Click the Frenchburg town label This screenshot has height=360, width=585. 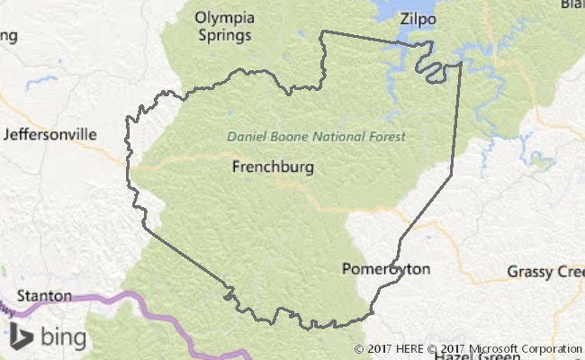coord(273,166)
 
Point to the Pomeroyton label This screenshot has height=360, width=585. coord(386,269)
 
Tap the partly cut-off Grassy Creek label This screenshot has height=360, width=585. coord(545,271)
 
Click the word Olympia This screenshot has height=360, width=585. coord(224,18)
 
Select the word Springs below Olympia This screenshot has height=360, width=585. coord(225,36)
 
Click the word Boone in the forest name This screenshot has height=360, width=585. coord(287,137)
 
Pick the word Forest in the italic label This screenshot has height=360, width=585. coord(388,137)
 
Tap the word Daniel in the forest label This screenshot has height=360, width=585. coord(246,137)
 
